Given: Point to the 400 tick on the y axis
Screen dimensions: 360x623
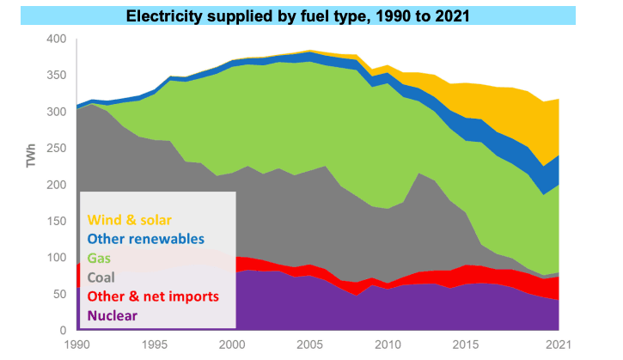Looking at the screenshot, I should (x=55, y=40).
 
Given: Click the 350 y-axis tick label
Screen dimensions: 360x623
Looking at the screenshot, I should (x=55, y=76).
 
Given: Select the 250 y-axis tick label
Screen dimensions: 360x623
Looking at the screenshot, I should (x=55, y=149).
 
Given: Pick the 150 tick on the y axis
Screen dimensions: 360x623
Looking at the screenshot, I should (x=55, y=222).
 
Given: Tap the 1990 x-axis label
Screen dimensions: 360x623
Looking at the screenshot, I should (x=77, y=345).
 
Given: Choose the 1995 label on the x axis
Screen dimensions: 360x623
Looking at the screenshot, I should (x=155, y=345).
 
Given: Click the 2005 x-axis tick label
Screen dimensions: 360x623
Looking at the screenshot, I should (x=309, y=345).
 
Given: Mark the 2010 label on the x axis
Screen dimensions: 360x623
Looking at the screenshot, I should (x=387, y=345).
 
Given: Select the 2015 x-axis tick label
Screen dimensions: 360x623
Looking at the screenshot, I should (x=464, y=345).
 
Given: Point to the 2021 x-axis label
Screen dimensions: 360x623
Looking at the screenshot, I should (x=556, y=345).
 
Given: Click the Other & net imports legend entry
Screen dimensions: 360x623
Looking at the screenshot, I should (x=151, y=296).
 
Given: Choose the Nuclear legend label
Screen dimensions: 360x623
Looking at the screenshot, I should (x=111, y=316).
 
